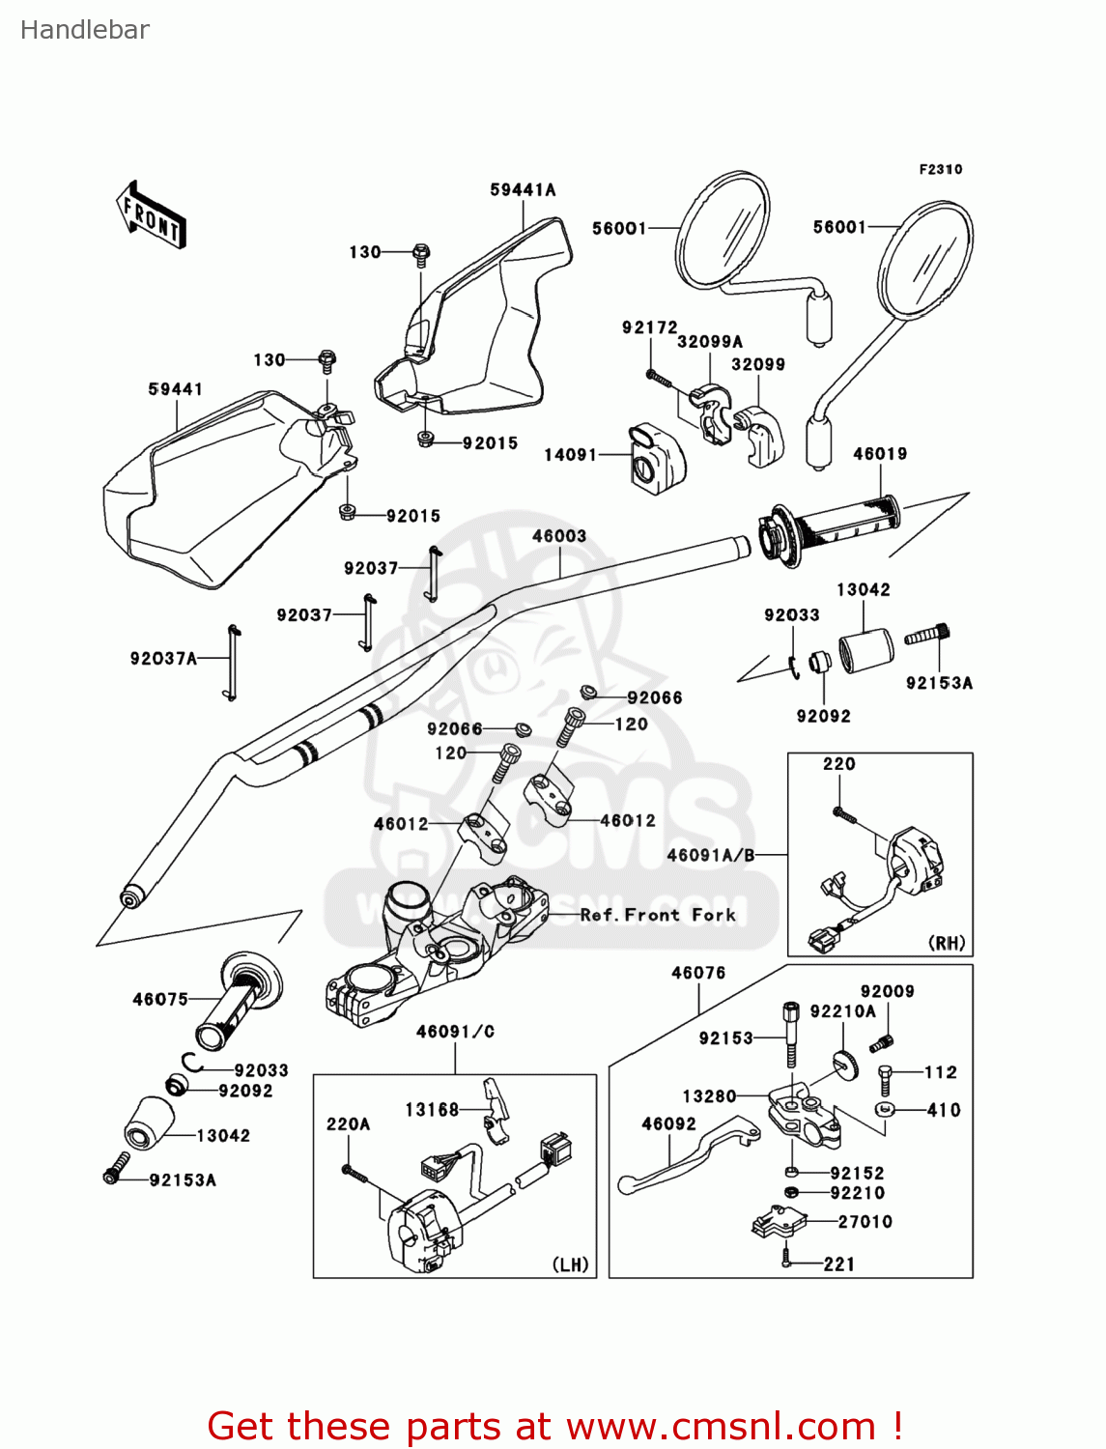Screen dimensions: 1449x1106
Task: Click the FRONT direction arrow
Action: click(151, 214)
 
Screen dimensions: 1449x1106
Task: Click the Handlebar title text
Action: click(85, 30)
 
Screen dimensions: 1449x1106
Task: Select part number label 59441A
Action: click(523, 190)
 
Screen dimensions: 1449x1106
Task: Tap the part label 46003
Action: click(559, 536)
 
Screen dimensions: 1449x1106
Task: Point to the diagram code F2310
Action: click(940, 169)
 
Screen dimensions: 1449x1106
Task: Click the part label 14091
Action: click(571, 454)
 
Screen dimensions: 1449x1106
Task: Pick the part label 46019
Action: click(880, 454)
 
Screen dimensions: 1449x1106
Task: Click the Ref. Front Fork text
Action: click(658, 915)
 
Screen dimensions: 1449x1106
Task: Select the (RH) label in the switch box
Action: click(946, 943)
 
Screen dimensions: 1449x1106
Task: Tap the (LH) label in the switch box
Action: click(570, 1264)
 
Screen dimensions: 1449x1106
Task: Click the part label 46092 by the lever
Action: click(668, 1123)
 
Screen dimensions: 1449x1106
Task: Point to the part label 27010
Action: click(865, 1222)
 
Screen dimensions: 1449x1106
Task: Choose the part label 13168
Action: click(432, 1110)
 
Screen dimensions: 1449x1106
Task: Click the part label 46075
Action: click(160, 1000)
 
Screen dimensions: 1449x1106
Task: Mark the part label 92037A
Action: click(163, 659)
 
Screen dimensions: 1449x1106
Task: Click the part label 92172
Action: click(649, 328)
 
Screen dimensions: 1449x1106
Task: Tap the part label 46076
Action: click(698, 973)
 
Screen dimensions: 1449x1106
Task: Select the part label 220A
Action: click(348, 1124)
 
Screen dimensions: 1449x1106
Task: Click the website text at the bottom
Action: click(554, 1426)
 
